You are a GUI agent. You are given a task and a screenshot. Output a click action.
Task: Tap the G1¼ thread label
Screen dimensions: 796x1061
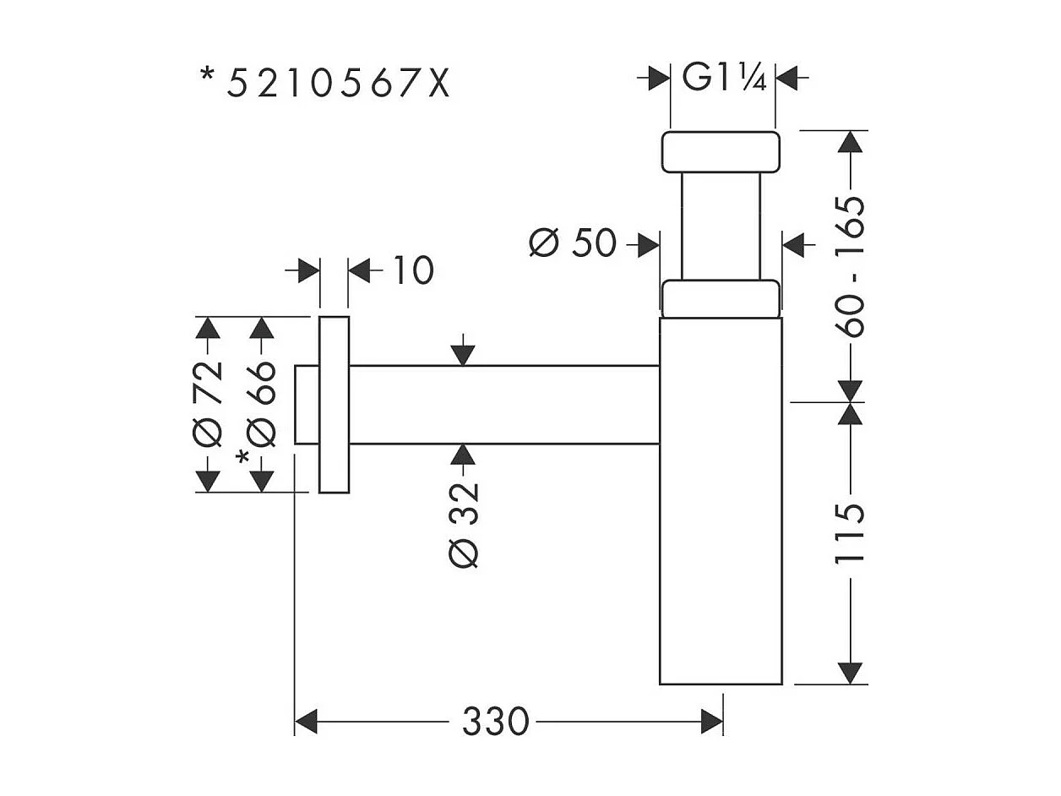click(x=724, y=79)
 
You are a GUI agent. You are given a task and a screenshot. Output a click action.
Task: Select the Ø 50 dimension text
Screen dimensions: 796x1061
click(x=572, y=244)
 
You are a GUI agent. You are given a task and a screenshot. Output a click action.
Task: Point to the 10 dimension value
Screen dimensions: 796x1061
click(x=413, y=271)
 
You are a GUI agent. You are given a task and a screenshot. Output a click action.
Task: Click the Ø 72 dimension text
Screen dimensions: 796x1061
click(x=208, y=403)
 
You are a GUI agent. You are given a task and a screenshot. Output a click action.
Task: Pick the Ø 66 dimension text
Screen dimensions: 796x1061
click(x=263, y=403)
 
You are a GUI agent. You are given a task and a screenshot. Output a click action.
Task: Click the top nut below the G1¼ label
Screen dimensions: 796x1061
click(x=718, y=152)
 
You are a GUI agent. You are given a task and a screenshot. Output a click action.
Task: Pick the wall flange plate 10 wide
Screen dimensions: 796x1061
click(x=335, y=405)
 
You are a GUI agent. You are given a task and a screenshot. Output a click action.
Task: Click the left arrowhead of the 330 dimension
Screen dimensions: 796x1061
click(x=305, y=722)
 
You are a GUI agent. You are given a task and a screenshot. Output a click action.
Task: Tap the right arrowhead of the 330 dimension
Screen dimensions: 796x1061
click(x=712, y=722)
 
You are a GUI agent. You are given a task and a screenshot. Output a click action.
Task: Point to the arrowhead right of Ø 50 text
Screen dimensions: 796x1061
click(x=648, y=245)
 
